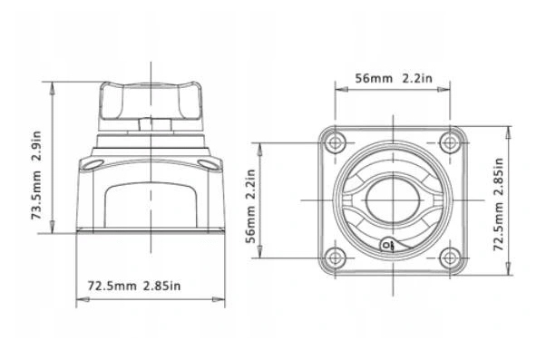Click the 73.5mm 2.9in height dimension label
pyautogui.click(x=36, y=175)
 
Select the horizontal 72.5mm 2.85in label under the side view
pyautogui.click(x=134, y=287)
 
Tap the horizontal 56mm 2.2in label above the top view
pyautogui.click(x=394, y=78)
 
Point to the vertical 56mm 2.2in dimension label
pyautogui.click(x=250, y=206)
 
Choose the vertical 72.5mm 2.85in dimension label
pyautogui.click(x=499, y=204)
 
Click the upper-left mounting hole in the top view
pyautogui.click(x=335, y=142)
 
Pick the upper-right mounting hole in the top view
pyautogui.click(x=450, y=142)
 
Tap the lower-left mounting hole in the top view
pyautogui.click(x=335, y=258)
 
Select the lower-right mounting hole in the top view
pyautogui.click(x=450, y=258)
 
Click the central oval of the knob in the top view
pyautogui.click(x=393, y=200)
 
